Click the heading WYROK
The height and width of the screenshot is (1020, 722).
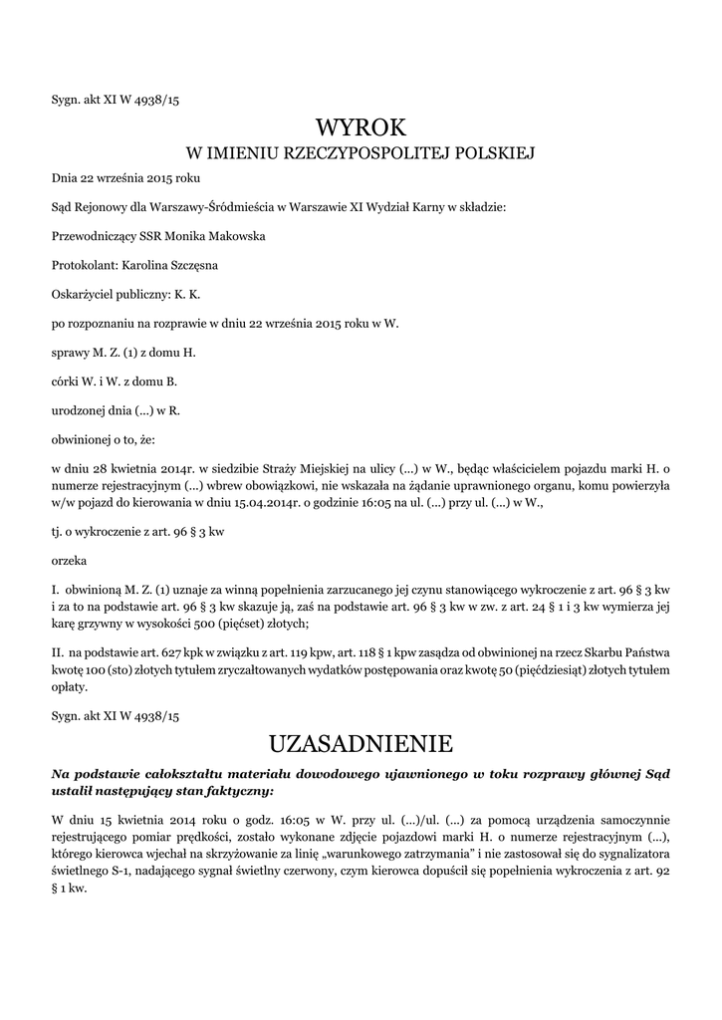pos(361,127)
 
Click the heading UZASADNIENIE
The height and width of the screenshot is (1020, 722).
pos(361,743)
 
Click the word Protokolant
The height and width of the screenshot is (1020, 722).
pos(84,265)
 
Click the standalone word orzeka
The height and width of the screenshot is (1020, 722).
pos(69,560)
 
